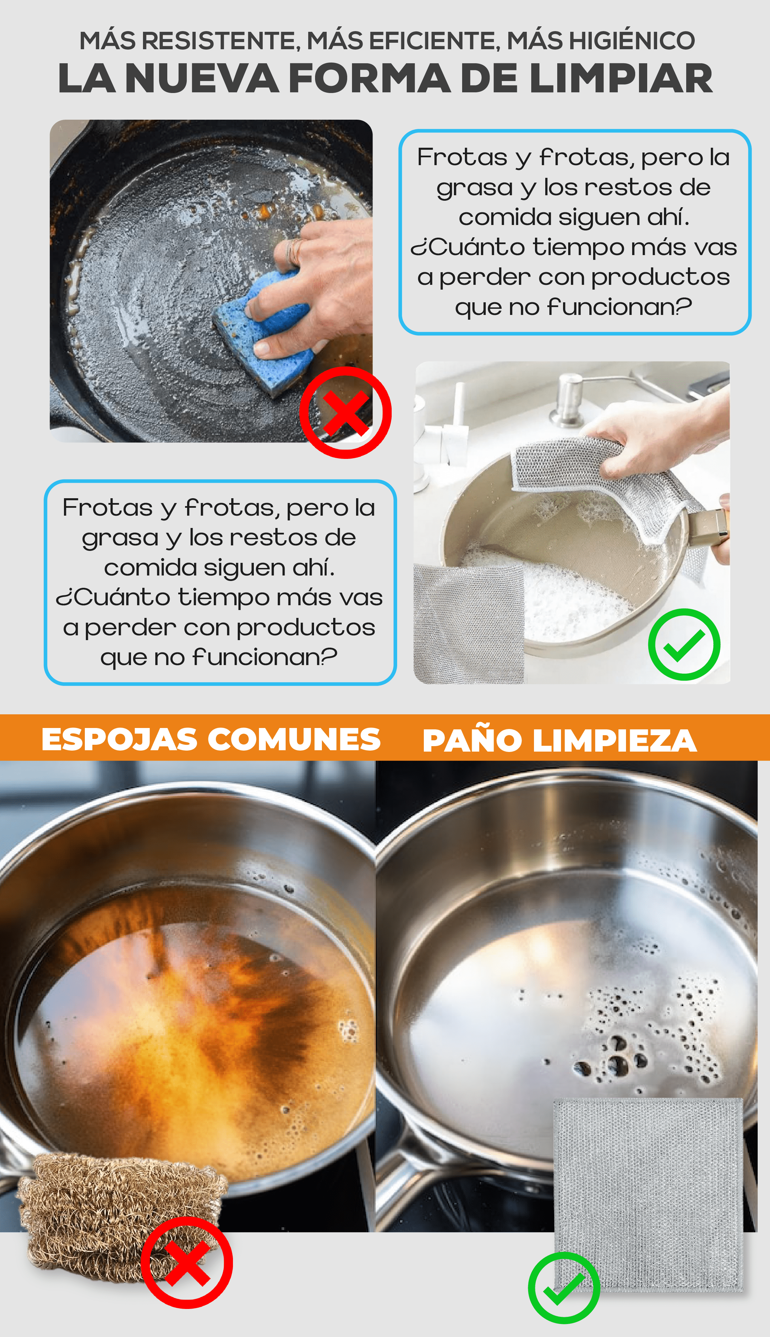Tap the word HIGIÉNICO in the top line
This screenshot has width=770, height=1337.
point(601,40)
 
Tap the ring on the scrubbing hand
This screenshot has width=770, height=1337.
point(295,251)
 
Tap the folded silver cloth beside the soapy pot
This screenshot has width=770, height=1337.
point(468,624)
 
